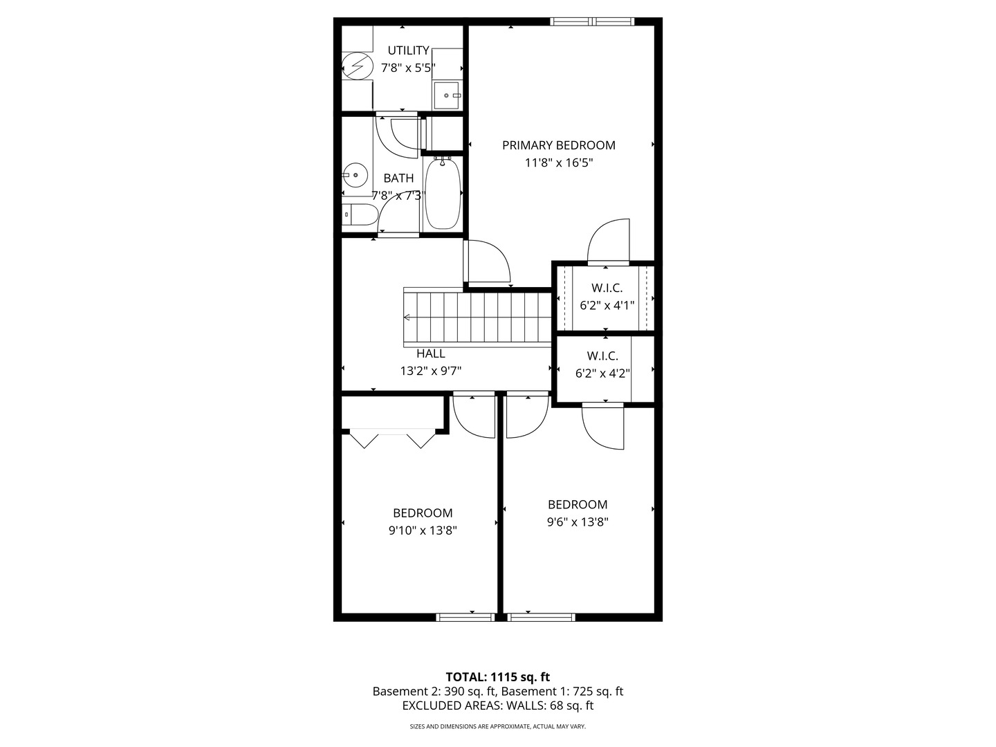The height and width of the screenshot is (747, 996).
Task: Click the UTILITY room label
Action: (x=408, y=50)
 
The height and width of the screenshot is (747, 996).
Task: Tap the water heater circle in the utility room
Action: (x=357, y=66)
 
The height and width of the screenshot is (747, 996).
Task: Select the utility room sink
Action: (x=448, y=95)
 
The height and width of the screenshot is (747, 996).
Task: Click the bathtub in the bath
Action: (x=443, y=193)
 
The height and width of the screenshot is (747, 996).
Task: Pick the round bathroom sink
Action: (x=355, y=175)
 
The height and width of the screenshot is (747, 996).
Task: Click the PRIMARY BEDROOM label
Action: (x=559, y=145)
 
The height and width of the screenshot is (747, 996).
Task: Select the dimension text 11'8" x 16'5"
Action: (x=559, y=163)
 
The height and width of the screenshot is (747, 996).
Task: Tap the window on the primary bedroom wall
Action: (x=591, y=21)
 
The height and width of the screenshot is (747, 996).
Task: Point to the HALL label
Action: (x=431, y=353)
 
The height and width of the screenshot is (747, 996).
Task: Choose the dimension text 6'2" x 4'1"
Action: (x=607, y=305)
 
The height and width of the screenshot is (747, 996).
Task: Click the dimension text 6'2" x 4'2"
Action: (x=602, y=373)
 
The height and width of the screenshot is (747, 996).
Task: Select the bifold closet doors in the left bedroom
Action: (x=392, y=438)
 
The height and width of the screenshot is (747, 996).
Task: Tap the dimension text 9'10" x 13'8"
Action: (x=423, y=531)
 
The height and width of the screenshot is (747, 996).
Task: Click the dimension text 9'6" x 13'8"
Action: (x=577, y=522)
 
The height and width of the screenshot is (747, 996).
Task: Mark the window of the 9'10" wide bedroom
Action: (x=465, y=617)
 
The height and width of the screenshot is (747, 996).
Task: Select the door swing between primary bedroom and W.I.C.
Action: (x=609, y=241)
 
